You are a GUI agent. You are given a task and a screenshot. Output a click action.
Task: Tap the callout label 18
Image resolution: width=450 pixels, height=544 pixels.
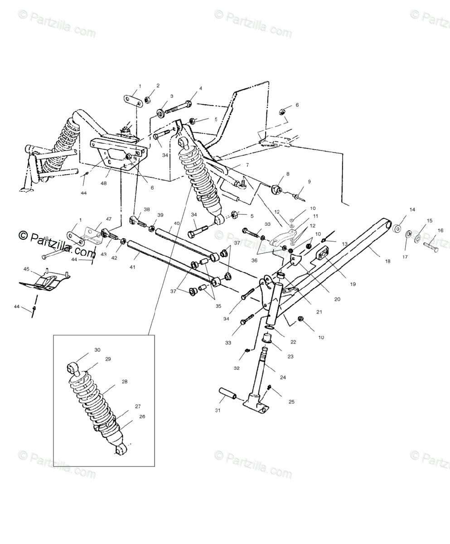[387, 262]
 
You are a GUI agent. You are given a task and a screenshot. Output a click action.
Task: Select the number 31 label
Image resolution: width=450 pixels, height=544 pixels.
[218, 411]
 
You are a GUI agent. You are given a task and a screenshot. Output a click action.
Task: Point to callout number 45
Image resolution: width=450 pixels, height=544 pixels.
[26, 269]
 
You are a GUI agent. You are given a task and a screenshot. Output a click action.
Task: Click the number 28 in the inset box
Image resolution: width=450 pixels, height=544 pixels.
[124, 381]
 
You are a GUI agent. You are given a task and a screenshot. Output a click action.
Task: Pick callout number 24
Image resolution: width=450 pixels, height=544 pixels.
[283, 377]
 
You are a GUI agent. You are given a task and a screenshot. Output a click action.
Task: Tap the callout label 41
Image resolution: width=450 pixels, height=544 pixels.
[132, 267]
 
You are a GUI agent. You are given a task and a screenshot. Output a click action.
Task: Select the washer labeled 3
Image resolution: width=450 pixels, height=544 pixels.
[161, 112]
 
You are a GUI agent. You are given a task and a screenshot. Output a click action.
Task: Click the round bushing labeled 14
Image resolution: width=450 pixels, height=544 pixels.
[397, 228]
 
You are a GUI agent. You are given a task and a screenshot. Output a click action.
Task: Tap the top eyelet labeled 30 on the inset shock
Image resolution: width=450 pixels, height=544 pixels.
[72, 367]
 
